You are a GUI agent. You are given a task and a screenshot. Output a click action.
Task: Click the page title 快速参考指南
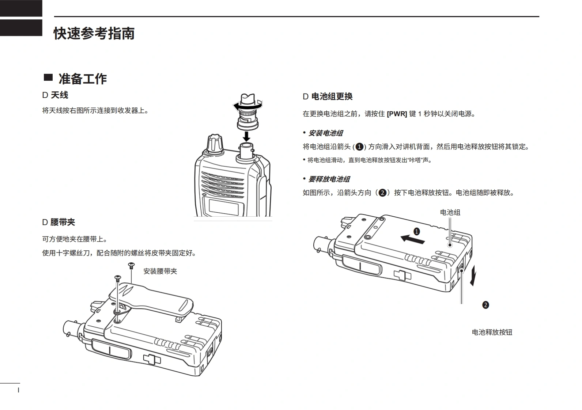[94, 33]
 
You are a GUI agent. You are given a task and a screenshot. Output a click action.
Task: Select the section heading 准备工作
[83, 79]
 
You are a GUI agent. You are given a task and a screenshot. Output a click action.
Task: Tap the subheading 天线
[59, 95]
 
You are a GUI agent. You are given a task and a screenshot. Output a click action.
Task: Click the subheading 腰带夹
[63, 222]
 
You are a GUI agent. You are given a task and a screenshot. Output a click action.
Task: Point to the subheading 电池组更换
[332, 96]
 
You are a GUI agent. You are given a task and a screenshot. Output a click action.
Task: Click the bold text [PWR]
[397, 114]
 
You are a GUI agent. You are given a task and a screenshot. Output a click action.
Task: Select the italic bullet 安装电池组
[325, 133]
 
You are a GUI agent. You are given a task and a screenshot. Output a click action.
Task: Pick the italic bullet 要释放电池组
[329, 179]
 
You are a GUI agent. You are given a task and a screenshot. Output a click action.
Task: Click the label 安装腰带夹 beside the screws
[160, 271]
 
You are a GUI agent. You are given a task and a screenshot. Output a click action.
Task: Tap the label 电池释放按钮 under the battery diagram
[492, 332]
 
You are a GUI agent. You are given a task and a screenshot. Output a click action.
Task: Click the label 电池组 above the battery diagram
[450, 212]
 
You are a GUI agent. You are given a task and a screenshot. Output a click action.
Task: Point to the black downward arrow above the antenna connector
[247, 136]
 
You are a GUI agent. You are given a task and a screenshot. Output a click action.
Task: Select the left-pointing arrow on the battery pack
[412, 239]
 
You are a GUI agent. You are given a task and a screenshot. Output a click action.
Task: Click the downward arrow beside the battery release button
[473, 276]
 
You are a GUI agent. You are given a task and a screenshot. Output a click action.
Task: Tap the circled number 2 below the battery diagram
[485, 305]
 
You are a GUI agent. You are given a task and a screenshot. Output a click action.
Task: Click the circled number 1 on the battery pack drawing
[416, 231]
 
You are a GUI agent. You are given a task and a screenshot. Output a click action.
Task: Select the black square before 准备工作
[48, 77]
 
